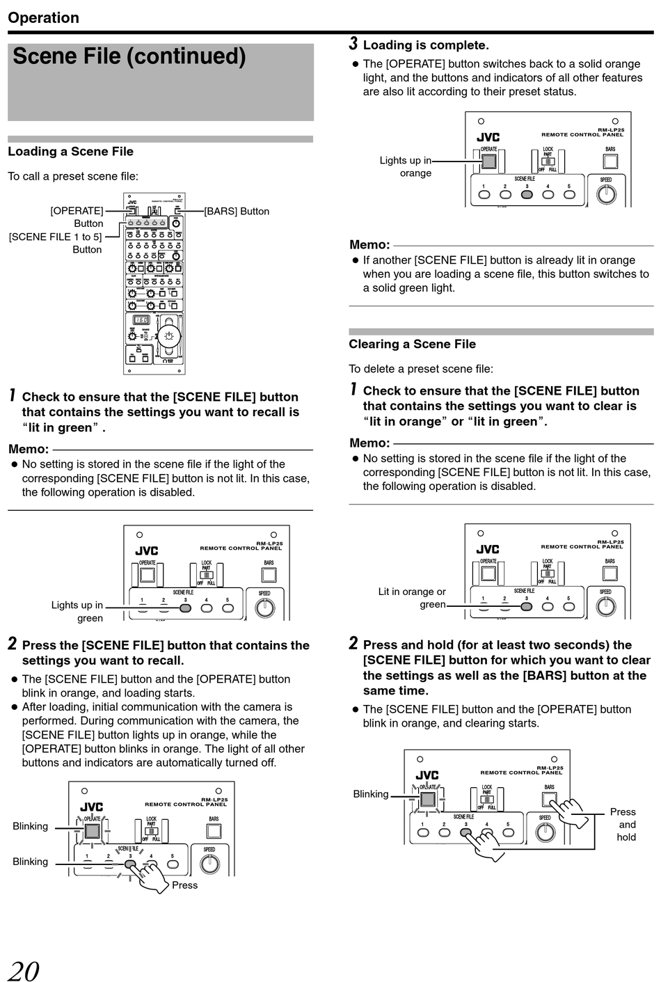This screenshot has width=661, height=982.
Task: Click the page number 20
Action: coord(24,970)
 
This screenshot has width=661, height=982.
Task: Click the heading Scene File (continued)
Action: coord(129,56)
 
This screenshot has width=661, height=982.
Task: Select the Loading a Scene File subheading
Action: coord(70,152)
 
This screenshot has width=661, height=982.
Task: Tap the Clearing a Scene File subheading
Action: coord(412,344)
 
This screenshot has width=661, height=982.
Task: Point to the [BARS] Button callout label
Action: coord(237,211)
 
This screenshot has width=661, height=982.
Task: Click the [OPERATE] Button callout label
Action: coord(77,216)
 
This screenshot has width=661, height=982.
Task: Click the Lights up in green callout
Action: coord(77,611)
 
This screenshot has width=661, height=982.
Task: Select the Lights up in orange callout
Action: coord(406,166)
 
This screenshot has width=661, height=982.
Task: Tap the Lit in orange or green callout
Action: coord(412,598)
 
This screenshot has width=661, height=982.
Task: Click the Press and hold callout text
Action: coord(625,824)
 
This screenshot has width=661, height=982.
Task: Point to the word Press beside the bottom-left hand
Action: coord(184,885)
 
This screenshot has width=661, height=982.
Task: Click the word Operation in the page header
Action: coord(44,17)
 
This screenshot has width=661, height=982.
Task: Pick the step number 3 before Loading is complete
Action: coord(353,44)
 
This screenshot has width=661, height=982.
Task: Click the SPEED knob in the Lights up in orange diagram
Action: coord(607,193)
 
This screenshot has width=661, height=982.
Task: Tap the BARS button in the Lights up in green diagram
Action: coord(269,575)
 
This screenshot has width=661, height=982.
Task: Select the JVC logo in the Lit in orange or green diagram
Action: coord(488,549)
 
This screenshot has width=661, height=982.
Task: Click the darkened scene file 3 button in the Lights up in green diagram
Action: coord(185,608)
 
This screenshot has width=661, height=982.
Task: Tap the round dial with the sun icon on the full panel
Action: coord(168,337)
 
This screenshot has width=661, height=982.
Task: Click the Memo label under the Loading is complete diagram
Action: coord(369,244)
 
